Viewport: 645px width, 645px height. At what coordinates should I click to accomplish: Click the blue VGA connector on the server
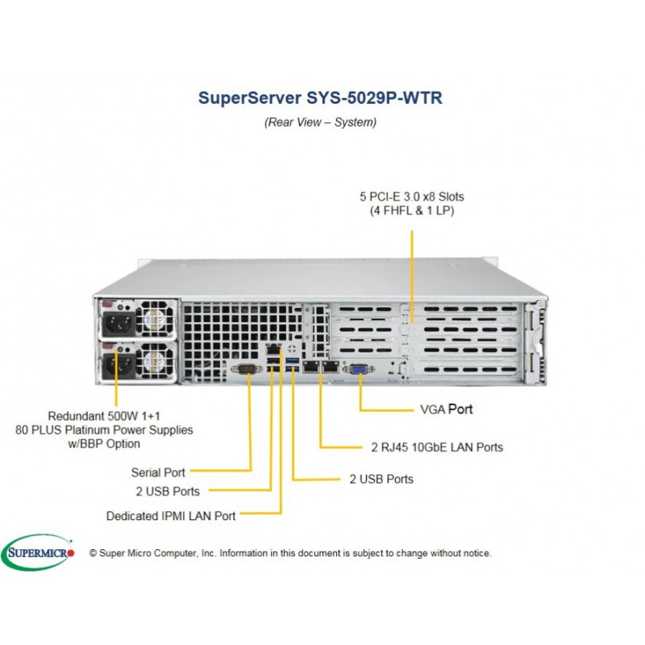358,369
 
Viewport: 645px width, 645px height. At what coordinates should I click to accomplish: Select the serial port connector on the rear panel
247,369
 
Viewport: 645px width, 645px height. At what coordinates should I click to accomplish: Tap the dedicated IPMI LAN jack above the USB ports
273,350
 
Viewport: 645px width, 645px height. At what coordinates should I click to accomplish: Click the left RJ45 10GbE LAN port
311,367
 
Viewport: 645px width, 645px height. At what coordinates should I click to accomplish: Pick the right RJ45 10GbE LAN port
331,367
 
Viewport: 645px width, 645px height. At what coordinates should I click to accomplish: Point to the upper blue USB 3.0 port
292,360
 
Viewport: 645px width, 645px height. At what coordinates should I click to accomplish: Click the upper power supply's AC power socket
119,323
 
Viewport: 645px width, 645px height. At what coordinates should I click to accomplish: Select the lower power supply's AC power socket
119,365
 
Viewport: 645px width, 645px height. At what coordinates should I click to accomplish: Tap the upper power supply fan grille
156,319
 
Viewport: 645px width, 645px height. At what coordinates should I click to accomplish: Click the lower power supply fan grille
156,361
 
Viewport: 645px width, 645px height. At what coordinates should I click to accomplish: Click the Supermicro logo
38,552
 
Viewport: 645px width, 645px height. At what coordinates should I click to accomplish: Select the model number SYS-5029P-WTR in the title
374,98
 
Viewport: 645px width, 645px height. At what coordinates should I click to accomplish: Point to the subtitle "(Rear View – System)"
320,123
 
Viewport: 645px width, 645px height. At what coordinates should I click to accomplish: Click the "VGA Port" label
447,410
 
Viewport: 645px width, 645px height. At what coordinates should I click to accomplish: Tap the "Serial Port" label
158,472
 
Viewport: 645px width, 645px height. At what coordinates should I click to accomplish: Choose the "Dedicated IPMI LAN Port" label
171,516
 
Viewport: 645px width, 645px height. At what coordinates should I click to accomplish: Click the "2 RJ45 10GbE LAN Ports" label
437,447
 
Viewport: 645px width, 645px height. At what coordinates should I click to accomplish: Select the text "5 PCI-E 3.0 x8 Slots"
412,197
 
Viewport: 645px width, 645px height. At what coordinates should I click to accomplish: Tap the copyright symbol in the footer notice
93,553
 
